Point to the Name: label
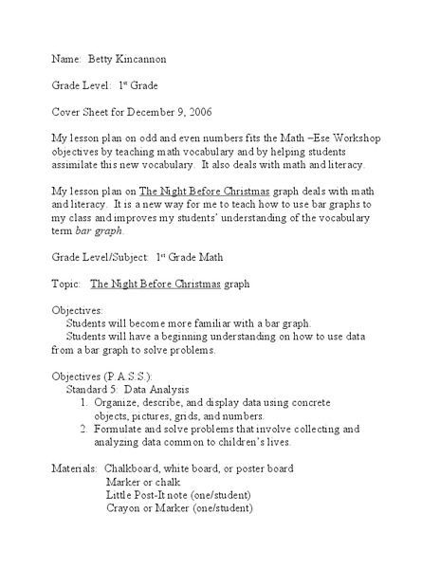click(x=66, y=58)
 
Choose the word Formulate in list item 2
click(x=123, y=429)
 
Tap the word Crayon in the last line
click(x=125, y=508)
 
